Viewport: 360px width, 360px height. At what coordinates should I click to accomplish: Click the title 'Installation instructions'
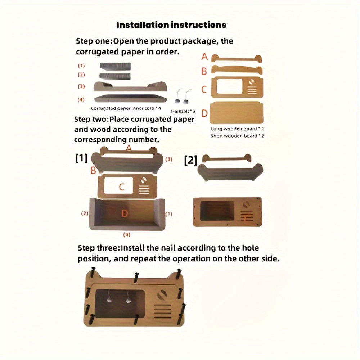(171, 25)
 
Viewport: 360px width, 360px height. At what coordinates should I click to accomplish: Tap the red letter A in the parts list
(204, 57)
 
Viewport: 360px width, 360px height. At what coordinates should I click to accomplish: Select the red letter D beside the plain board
(204, 113)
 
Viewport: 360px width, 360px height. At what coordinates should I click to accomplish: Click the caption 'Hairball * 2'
(183, 111)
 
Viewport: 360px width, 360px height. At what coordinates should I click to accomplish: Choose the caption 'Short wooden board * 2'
(237, 136)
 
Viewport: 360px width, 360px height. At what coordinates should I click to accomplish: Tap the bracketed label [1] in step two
(81, 158)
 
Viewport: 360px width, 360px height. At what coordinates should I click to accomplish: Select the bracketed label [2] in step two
(191, 161)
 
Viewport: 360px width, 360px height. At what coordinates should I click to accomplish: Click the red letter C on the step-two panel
(122, 186)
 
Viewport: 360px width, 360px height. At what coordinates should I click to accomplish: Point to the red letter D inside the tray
(125, 213)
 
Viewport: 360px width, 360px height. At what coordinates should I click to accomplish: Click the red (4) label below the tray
(127, 235)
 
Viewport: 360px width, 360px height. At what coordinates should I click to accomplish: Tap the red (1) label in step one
(81, 66)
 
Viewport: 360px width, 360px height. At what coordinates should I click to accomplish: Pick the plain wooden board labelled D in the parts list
(236, 113)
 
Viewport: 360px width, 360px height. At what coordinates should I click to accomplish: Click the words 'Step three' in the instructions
(98, 248)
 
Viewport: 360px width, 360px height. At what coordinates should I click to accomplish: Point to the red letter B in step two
(93, 170)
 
